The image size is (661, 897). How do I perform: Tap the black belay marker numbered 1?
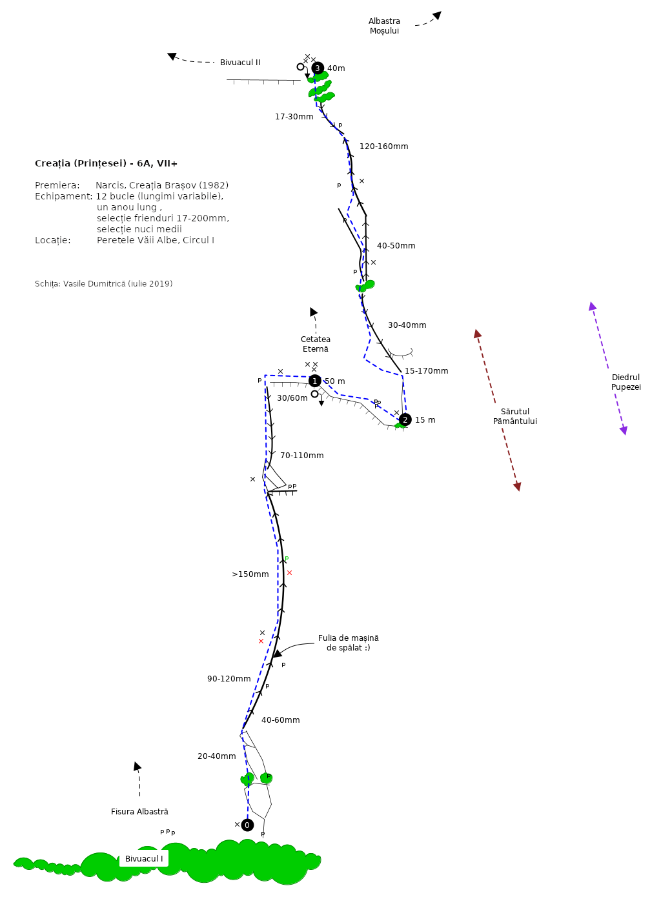pyautogui.click(x=315, y=381)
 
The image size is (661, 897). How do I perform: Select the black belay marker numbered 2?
pyautogui.click(x=405, y=419)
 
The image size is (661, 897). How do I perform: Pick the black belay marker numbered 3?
pyautogui.click(x=318, y=68)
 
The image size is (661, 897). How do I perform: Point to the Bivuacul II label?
pyautogui.click(x=240, y=63)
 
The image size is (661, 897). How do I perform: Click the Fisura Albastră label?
pyautogui.click(x=139, y=811)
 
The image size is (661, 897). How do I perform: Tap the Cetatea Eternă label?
pyautogui.click(x=315, y=344)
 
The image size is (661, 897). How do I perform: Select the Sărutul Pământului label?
pyautogui.click(x=514, y=416)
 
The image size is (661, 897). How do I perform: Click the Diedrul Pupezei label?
pyautogui.click(x=625, y=382)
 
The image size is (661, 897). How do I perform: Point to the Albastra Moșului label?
pyautogui.click(x=384, y=26)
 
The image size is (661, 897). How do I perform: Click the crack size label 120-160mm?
pyautogui.click(x=384, y=146)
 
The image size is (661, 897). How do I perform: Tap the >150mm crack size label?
pyautogui.click(x=250, y=574)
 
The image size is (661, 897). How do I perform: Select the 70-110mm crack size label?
pyautogui.click(x=301, y=456)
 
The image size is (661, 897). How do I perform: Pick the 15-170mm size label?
pyautogui.click(x=426, y=371)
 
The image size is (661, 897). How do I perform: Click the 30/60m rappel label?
pyautogui.click(x=292, y=398)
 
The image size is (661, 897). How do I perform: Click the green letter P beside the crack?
pyautogui.click(x=287, y=559)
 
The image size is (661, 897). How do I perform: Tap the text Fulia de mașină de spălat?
pyautogui.click(x=348, y=643)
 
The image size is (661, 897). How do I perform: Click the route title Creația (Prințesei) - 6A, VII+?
pyautogui.click(x=106, y=163)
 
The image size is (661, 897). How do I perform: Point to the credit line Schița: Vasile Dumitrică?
pyautogui.click(x=104, y=283)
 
